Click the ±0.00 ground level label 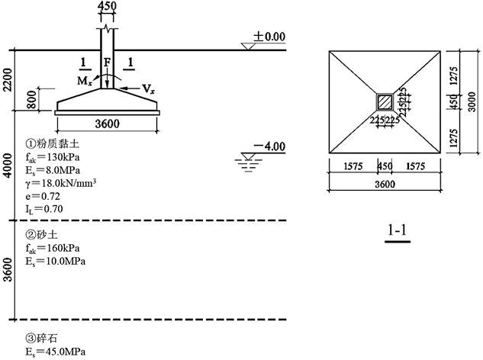tap(269, 37)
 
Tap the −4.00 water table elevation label tap(269, 146)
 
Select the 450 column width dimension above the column tap(107, 5)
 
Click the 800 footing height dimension tap(31, 99)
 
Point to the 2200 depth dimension tap(8, 80)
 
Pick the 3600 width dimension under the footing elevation tap(107, 124)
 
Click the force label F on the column tap(107, 63)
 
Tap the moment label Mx tap(85, 81)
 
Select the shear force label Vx tap(148, 89)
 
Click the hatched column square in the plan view tap(385, 102)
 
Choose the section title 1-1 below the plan tap(397, 230)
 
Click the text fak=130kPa tap(53, 157)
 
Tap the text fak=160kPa tap(53, 248)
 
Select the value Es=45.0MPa tap(56, 352)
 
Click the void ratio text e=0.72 tap(43, 196)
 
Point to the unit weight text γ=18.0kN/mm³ tap(61, 183)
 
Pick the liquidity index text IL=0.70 tap(44, 209)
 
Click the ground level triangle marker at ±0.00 tap(248, 47)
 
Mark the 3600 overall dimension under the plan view tap(385, 184)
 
